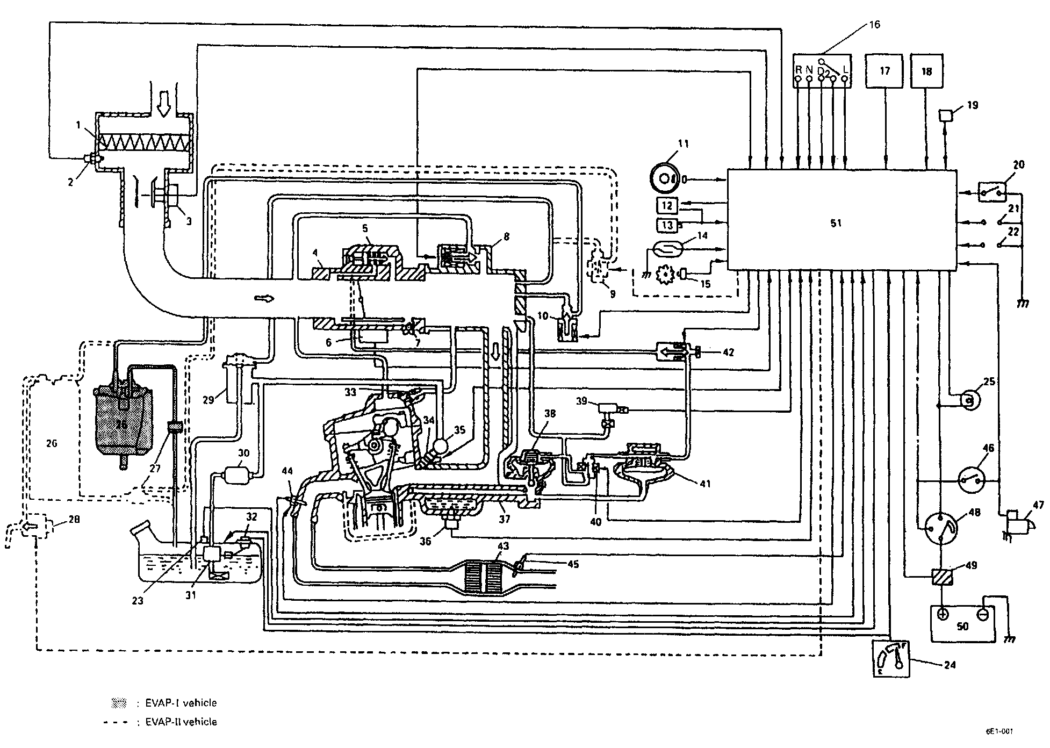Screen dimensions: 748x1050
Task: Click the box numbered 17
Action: (884, 71)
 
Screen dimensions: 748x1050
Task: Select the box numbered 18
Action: (927, 71)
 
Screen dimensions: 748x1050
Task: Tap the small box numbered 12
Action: (667, 205)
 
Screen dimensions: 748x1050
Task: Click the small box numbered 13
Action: (667, 225)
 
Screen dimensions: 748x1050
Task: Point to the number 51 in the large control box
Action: (836, 223)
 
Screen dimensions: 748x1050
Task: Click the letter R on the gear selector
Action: (799, 70)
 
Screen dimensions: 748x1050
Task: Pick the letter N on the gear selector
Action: (809, 70)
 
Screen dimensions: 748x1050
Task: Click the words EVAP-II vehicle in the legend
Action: (181, 722)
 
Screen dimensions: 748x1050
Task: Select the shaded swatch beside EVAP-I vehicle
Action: (118, 702)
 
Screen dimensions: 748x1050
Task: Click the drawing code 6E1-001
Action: (999, 731)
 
